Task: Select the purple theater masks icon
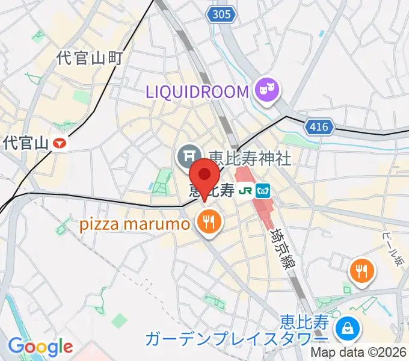coord(266,91)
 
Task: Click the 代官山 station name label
coord(26,143)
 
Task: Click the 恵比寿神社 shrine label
coord(249,158)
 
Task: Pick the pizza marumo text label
coord(135,224)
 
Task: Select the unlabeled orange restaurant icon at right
coord(362,270)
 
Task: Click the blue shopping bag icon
coord(348,329)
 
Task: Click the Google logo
coord(40,347)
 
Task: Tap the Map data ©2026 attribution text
coord(358,353)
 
